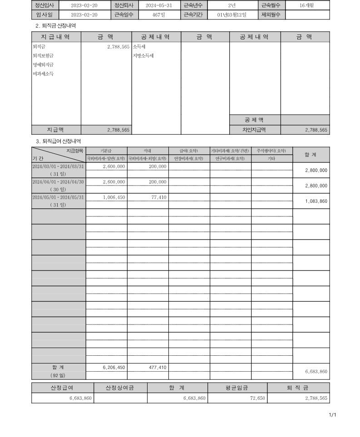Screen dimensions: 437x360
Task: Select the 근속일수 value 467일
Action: pos(159,15)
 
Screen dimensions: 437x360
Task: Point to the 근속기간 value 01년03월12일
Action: pos(232,15)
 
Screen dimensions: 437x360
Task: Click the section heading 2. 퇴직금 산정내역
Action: pos(56,26)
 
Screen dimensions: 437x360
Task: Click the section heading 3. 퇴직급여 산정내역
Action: pos(59,142)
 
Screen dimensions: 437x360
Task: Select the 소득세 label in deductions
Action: pos(139,46)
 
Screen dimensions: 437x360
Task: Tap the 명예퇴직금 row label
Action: pos(43,64)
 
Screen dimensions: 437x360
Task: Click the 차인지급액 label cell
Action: pos(254,130)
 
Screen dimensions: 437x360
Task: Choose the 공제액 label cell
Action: pos(254,120)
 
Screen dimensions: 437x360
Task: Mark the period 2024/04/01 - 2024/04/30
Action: pos(58,182)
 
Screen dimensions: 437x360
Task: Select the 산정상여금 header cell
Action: pos(120,388)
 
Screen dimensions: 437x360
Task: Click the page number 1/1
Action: pos(332,415)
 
